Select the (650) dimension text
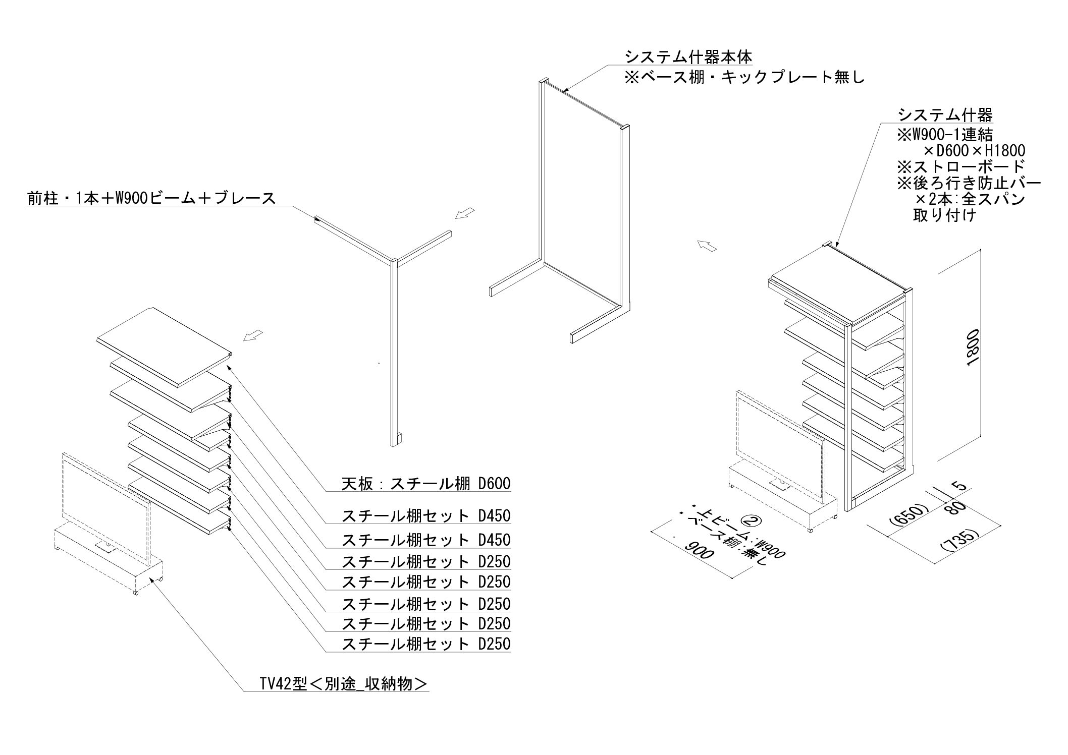(908, 515)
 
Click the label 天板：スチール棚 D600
(426, 485)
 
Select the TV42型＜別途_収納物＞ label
(343, 684)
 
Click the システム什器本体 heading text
(688, 56)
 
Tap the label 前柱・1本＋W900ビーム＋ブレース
(152, 198)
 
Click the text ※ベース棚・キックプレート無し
(744, 77)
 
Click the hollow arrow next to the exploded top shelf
(253, 335)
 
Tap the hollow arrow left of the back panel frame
(465, 213)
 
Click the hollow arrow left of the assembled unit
(707, 246)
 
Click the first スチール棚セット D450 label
(426, 516)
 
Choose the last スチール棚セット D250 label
(426, 644)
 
